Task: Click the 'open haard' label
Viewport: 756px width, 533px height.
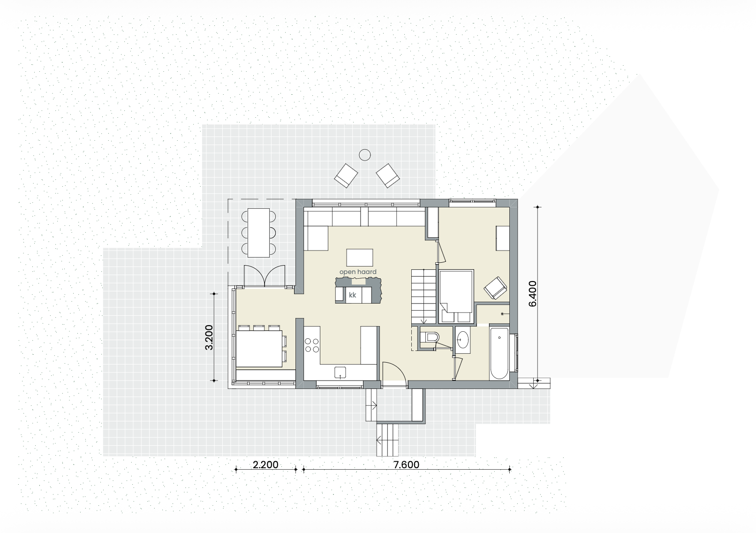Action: [x=358, y=272]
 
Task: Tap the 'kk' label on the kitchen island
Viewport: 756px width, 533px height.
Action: [x=353, y=295]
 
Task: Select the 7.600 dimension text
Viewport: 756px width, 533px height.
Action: [x=406, y=465]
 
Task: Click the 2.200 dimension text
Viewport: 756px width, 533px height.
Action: [x=265, y=465]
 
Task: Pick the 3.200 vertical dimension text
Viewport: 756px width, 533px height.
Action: [x=209, y=337]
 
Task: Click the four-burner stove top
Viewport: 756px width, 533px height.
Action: [x=312, y=345]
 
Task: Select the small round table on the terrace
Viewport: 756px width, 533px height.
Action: [x=364, y=154]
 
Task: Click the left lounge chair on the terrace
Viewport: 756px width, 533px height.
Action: [x=346, y=175]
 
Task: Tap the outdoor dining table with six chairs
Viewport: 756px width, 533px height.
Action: [x=258, y=233]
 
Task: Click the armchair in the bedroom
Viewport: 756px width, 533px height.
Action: [x=495, y=287]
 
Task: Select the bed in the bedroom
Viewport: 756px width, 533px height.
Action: [x=456, y=296]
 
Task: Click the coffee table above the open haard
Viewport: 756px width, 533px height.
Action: [x=360, y=258]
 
